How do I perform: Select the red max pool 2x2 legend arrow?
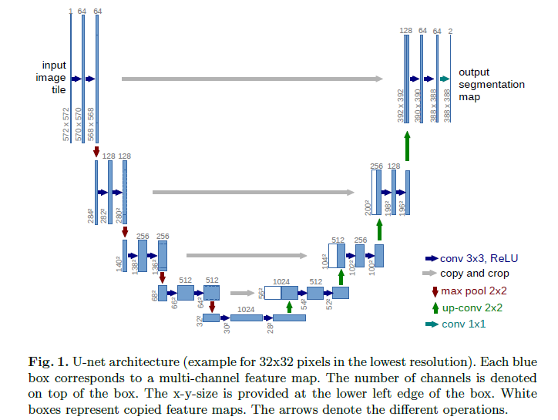(x=435, y=291)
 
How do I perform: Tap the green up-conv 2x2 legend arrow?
(x=435, y=307)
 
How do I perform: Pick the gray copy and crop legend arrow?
(x=430, y=274)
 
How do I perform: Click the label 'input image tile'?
(x=54, y=78)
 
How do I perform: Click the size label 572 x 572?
(x=66, y=124)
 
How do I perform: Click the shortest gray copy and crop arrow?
(x=242, y=293)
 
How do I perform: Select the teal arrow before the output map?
(x=444, y=79)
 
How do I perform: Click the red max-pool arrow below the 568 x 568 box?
(x=96, y=153)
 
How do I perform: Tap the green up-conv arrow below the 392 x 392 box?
(x=407, y=146)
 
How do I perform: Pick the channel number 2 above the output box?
(x=450, y=31)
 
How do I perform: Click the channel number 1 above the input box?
(x=70, y=12)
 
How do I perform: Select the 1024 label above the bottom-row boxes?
(x=246, y=308)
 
